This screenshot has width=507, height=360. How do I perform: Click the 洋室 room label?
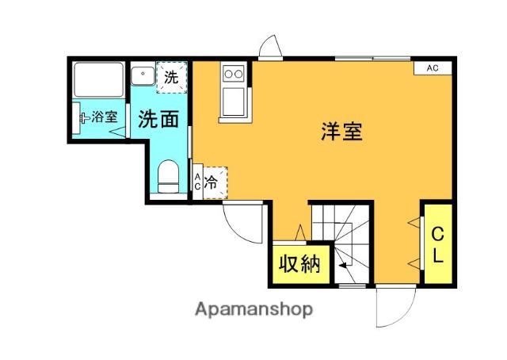click(x=341, y=131)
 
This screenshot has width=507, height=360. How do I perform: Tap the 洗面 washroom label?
click(x=158, y=119)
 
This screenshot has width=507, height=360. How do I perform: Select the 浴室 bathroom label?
click(x=104, y=117)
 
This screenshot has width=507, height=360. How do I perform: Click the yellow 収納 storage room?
click(x=301, y=264)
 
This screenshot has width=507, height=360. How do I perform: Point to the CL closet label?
click(x=437, y=244)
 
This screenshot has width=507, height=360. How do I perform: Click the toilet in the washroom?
click(x=168, y=177)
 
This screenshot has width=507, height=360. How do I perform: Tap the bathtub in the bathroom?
click(x=98, y=79)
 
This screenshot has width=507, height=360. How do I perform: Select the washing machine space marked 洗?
click(x=172, y=77)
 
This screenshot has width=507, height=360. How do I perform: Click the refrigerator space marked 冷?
click(x=215, y=183)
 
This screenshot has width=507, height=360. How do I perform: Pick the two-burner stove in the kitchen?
click(x=234, y=75)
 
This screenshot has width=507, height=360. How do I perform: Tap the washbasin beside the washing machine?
click(x=143, y=75)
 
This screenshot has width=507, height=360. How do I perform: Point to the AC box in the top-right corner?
click(x=433, y=68)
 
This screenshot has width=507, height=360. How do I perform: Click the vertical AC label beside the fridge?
click(x=197, y=182)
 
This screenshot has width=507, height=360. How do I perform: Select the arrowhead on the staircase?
click(x=343, y=265)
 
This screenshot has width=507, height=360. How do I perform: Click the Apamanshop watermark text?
click(x=253, y=310)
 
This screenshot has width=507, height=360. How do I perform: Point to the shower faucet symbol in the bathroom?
click(x=84, y=118)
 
